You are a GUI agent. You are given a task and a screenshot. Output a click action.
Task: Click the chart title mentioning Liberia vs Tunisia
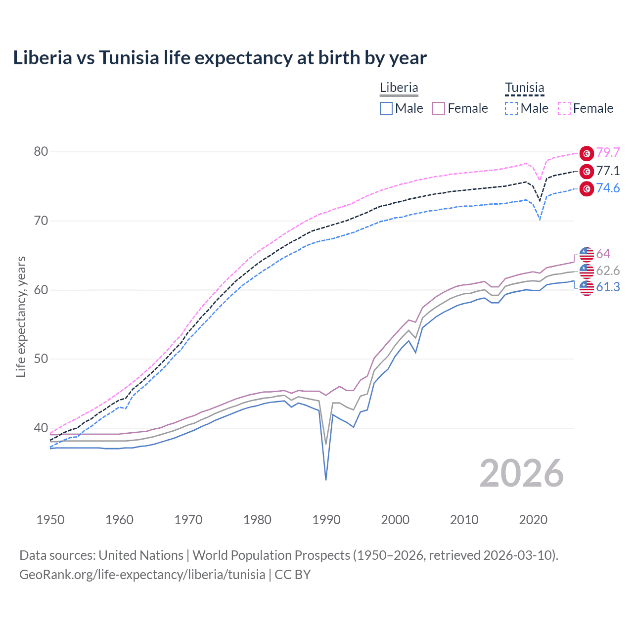click(220, 58)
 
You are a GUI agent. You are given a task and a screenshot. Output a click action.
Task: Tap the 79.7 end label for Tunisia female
click(608, 153)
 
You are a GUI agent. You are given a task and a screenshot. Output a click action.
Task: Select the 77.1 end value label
click(608, 171)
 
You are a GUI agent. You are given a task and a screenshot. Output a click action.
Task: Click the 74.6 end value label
click(608, 188)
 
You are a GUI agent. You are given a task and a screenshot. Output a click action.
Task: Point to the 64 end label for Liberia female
click(603, 254)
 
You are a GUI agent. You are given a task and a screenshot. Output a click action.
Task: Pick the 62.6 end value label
click(608, 271)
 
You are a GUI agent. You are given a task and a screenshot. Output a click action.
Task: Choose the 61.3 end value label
click(608, 287)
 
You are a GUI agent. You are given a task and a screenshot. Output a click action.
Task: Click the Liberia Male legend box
click(386, 108)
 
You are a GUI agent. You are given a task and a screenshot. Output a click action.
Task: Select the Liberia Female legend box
click(439, 108)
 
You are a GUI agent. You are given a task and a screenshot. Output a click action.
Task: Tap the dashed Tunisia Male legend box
click(511, 108)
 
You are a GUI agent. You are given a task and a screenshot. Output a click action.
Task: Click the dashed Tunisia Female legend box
click(564, 108)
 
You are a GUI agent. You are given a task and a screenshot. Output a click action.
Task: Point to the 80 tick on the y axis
click(41, 152)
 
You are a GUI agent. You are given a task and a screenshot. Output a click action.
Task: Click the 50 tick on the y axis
click(41, 359)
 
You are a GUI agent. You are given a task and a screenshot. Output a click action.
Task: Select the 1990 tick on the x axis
click(326, 520)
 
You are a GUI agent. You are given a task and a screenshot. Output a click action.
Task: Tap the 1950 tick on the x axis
click(50, 520)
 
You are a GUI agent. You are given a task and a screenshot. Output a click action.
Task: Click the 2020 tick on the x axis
click(533, 520)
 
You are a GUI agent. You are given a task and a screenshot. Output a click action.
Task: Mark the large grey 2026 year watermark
click(522, 473)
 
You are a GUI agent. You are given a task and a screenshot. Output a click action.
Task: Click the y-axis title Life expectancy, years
click(21, 316)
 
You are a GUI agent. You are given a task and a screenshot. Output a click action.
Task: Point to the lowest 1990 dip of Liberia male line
click(326, 479)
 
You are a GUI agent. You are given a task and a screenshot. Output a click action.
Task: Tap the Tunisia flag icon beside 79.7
click(587, 153)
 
